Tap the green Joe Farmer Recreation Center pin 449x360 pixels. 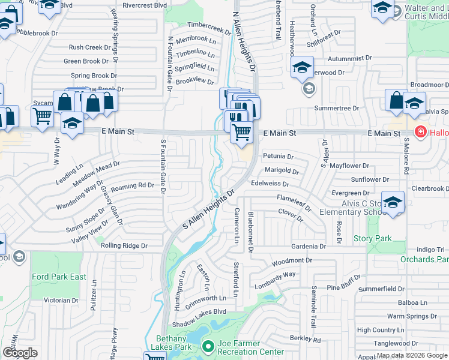tap(208, 347)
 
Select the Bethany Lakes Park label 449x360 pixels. tap(175, 343)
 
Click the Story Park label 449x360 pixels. tap(372, 238)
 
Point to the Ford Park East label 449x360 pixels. tap(60, 277)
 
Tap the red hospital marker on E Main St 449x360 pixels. tap(421, 131)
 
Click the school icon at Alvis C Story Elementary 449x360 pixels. tap(393, 203)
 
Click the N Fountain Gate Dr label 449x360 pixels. tap(170, 63)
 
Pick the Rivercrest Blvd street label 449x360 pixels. tap(144, 5)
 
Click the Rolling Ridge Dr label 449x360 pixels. tap(124, 245)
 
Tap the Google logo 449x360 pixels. tap(20, 353)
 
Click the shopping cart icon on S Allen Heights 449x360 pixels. tap(241, 131)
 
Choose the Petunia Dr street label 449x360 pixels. tap(278, 156)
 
